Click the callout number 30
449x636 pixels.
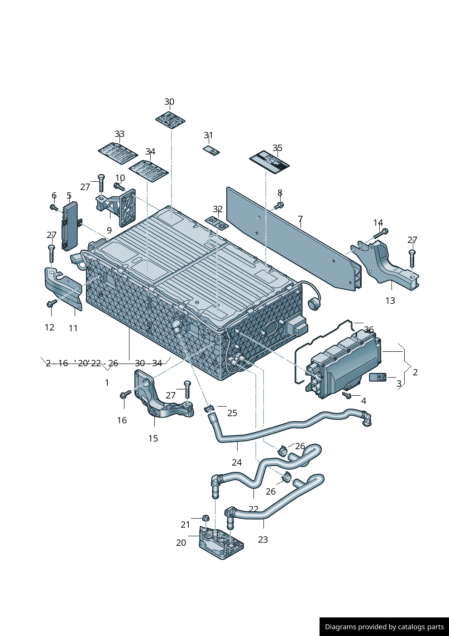pyautogui.click(x=169, y=102)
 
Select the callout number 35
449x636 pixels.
pyautogui.click(x=277, y=148)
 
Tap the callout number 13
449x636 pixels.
pyautogui.click(x=390, y=301)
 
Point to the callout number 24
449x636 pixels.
pyautogui.click(x=237, y=462)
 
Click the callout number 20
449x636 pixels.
pyautogui.click(x=181, y=543)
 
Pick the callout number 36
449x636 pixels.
pyautogui.click(x=369, y=330)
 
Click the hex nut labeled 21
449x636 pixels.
pyautogui.click(x=205, y=518)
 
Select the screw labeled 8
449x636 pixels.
pyautogui.click(x=278, y=206)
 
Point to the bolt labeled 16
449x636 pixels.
pyautogui.click(x=125, y=394)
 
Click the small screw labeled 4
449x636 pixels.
pyautogui.click(x=347, y=396)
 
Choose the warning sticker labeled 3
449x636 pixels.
pyautogui.click(x=377, y=377)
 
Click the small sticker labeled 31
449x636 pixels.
pyautogui.click(x=211, y=150)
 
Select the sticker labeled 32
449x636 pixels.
pyautogui.click(x=217, y=223)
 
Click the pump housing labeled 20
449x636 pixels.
pyautogui.click(x=220, y=544)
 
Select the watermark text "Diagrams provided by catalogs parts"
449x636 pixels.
pyautogui.click(x=384, y=627)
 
